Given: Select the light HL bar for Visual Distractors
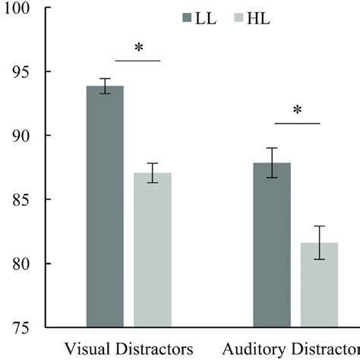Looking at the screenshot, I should [153, 250].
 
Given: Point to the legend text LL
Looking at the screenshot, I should [207, 17].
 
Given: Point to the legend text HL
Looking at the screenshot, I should [265, 17].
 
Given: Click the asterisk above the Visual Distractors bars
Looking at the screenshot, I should [139, 49].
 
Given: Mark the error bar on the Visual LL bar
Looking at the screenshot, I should [105, 86].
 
